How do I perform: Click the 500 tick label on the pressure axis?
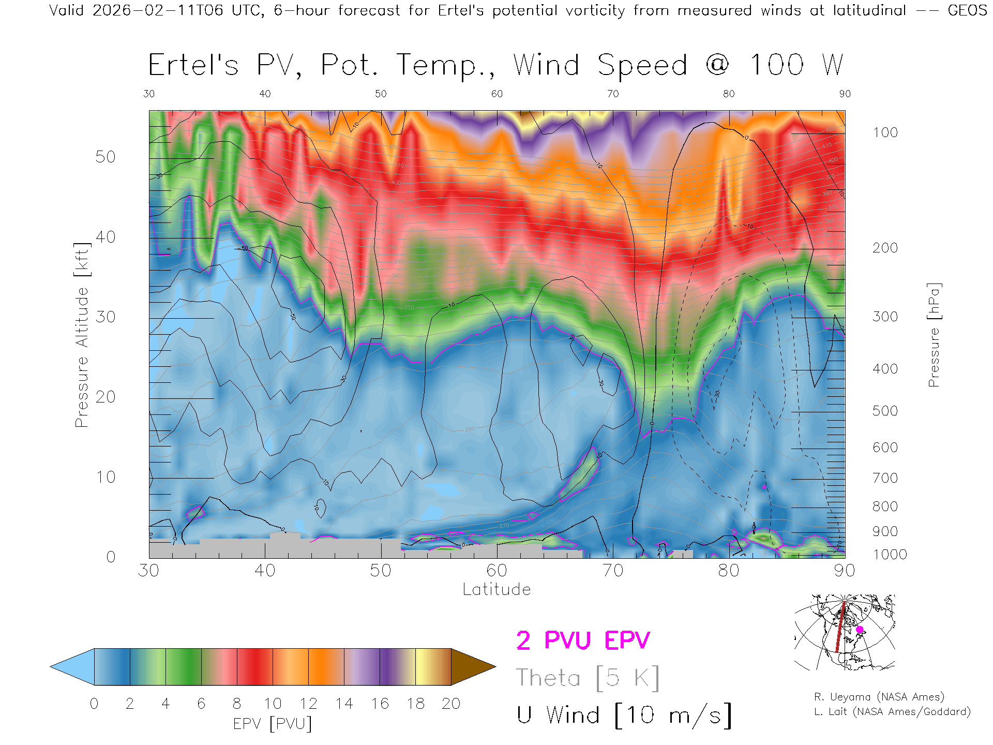point(885,411)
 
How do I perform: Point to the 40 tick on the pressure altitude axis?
point(105,237)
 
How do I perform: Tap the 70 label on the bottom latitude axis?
point(613,570)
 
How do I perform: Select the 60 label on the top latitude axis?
point(496,94)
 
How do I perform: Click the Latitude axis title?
point(496,589)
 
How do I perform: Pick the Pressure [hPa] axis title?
point(934,335)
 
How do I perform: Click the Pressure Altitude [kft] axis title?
point(82,335)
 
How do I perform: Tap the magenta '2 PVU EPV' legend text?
point(583,640)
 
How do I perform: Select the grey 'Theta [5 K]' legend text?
point(588,678)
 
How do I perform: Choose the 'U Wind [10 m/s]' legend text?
point(624,715)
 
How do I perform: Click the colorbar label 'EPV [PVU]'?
point(273,723)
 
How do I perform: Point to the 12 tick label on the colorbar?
point(308,704)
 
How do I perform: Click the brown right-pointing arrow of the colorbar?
point(472,667)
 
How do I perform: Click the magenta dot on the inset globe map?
point(860,630)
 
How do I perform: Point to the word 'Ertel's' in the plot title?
point(193,65)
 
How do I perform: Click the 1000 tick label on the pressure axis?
point(890,555)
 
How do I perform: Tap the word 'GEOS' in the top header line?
point(967,10)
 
